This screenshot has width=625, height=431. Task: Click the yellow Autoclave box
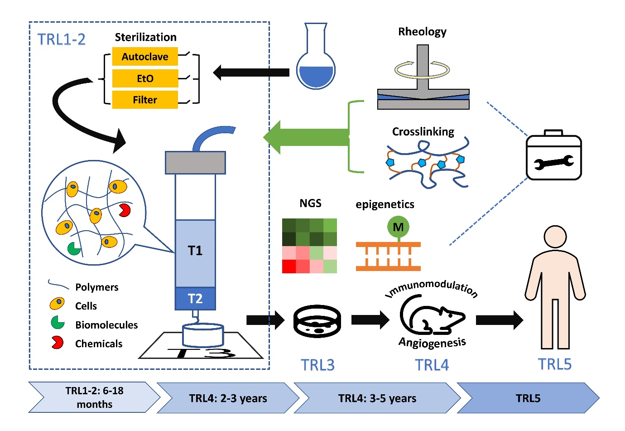[145, 57]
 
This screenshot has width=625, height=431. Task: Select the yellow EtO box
[145, 78]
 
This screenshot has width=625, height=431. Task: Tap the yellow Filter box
[145, 100]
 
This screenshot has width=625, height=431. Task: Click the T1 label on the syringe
[195, 251]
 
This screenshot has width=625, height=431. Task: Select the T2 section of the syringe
[195, 299]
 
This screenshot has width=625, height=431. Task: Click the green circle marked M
[398, 227]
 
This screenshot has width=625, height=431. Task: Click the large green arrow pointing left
[308, 137]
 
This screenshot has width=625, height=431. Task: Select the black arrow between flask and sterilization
[251, 72]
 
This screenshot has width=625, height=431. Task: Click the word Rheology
[422, 32]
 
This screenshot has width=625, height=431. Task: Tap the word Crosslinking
[423, 131]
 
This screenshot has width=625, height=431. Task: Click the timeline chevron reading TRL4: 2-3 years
[228, 398]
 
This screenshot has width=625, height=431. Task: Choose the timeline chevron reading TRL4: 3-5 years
[377, 398]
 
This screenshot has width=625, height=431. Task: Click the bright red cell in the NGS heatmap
[289, 266]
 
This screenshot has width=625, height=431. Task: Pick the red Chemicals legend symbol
[57, 343]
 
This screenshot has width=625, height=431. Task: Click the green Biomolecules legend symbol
[58, 323]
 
